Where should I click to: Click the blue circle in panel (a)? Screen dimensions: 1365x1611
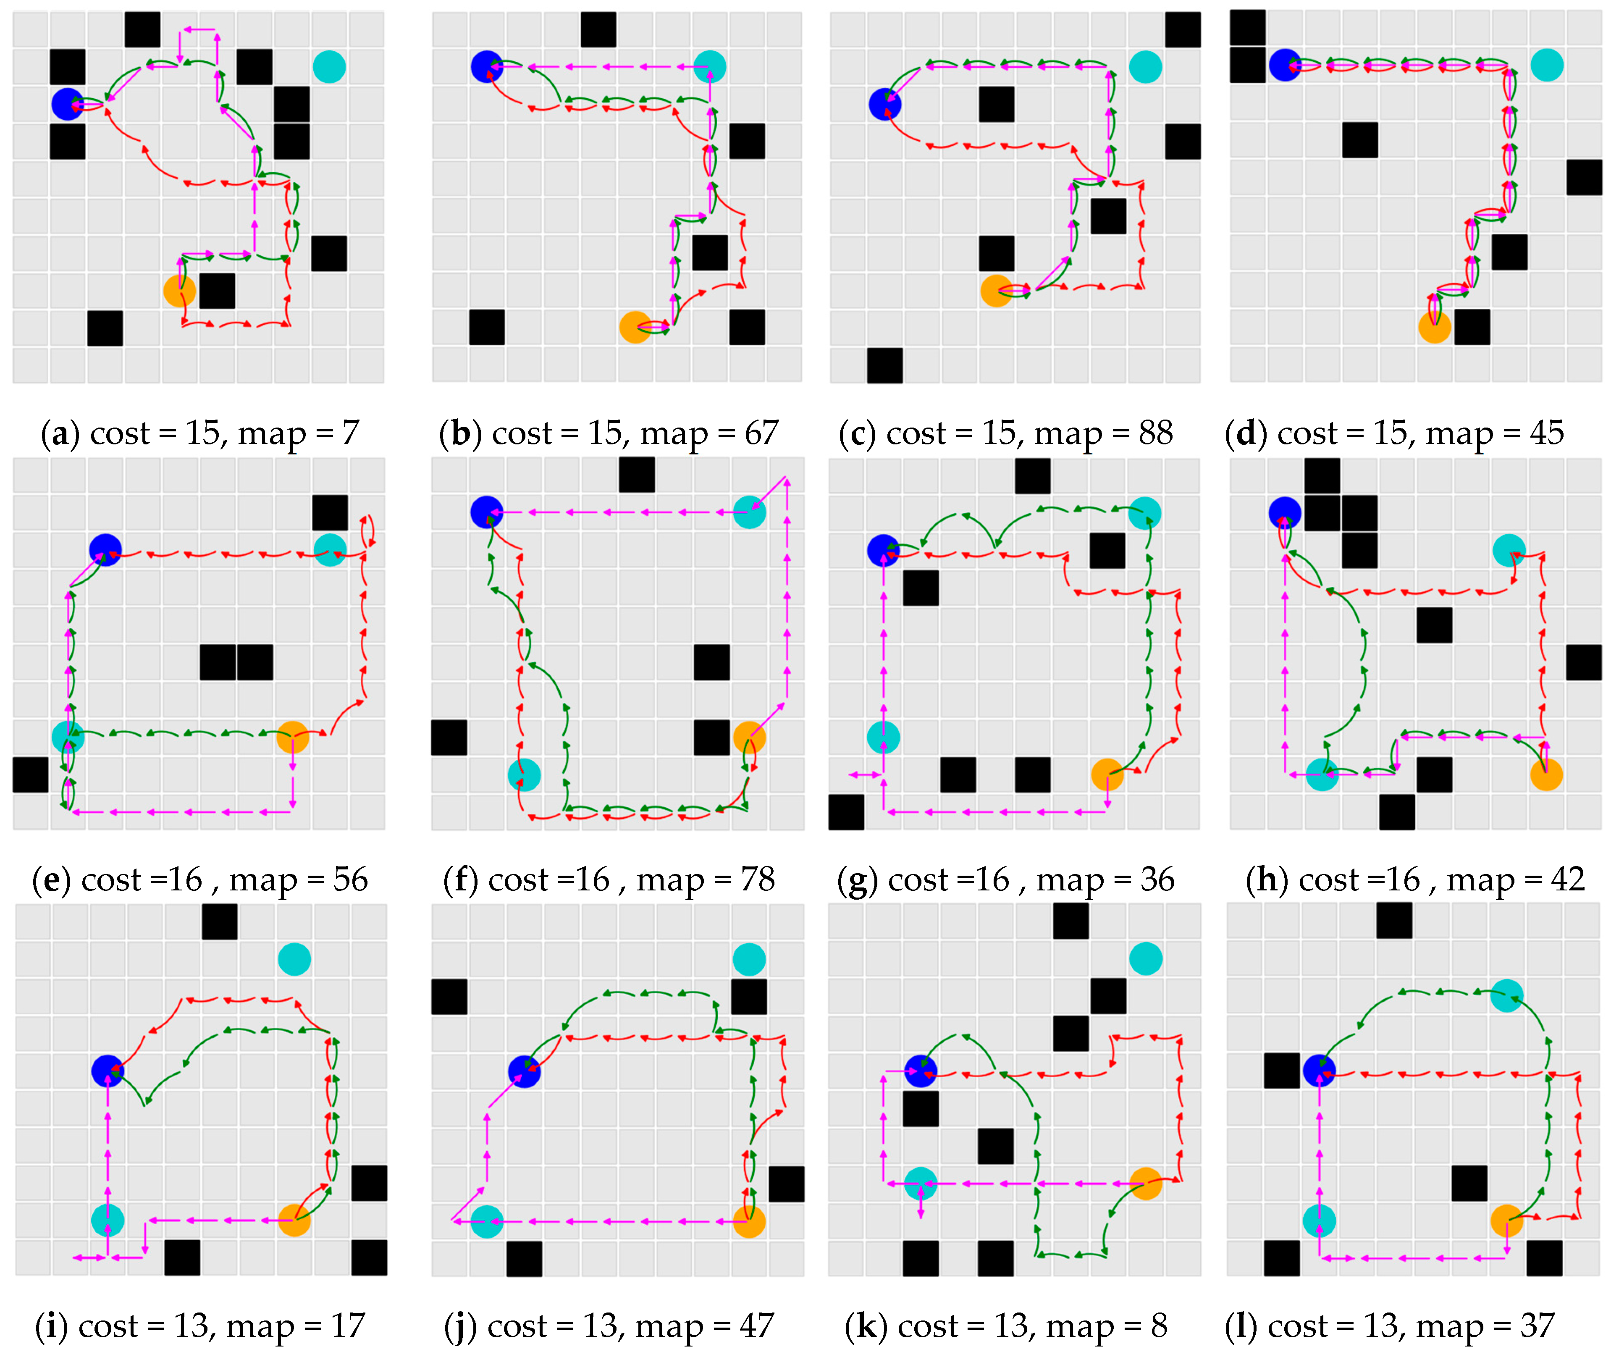click(x=67, y=104)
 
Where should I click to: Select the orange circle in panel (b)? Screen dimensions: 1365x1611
click(x=635, y=327)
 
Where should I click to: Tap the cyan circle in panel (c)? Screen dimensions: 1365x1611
click(x=1145, y=66)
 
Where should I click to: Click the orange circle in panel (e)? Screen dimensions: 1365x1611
click(x=292, y=737)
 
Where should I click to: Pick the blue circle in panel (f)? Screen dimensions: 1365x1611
click(x=487, y=512)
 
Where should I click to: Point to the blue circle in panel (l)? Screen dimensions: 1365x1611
click(x=1319, y=1071)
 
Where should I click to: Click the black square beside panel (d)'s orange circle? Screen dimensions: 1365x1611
click(x=1472, y=327)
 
